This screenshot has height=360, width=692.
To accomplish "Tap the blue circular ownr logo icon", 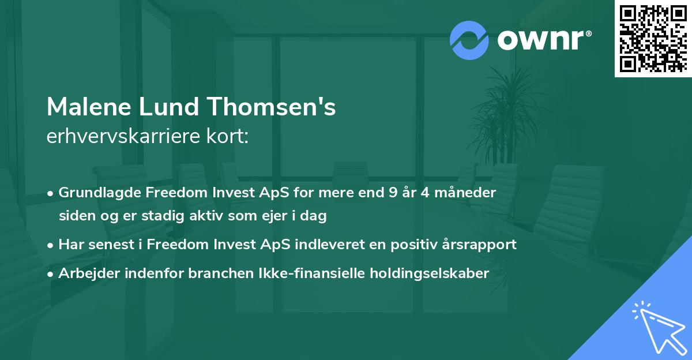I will (x=469, y=40).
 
